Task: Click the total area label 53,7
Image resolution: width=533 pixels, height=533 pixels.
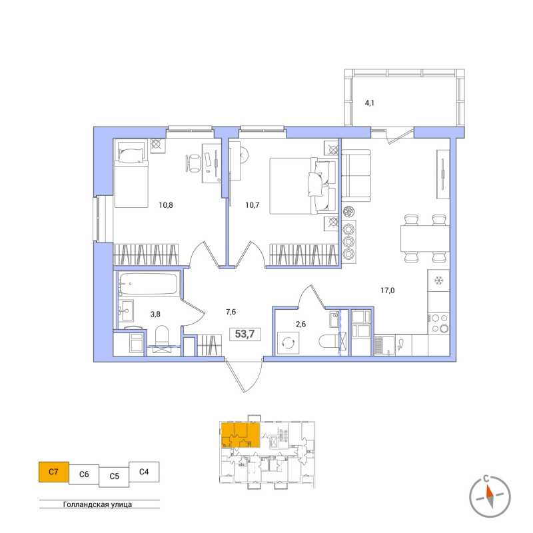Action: pos(245,334)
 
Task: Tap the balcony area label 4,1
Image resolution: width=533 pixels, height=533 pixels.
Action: pos(370,103)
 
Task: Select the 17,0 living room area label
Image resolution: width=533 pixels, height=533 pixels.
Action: pos(388,290)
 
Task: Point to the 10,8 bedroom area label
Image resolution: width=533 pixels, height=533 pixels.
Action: pos(166,205)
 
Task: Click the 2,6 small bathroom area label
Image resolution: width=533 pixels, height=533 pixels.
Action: pos(301,324)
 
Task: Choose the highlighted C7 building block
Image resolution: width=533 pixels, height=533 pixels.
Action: pos(54,472)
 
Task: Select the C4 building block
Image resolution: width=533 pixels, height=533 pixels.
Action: pos(144,472)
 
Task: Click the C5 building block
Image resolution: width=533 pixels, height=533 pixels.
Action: pos(114,476)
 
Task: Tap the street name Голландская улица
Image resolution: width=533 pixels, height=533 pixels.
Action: pos(97,504)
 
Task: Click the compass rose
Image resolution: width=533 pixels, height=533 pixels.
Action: pos(490,496)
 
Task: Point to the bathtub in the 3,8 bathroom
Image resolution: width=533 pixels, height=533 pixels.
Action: pos(148,284)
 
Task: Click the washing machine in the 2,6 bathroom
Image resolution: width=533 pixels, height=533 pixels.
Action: pos(288,343)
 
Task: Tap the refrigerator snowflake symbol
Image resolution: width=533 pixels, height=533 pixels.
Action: pos(439,280)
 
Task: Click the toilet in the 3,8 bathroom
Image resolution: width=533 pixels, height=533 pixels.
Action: pos(162,336)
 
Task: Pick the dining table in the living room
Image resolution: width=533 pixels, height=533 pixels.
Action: pos(425,239)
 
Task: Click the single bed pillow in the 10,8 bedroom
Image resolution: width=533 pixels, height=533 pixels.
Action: pos(131,156)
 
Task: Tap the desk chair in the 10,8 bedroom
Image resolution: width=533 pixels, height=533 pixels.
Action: pos(193,163)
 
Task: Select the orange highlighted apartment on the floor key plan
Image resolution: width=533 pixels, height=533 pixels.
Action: pos(241,435)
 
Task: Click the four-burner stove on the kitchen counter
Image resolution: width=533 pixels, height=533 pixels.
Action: pos(439,323)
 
